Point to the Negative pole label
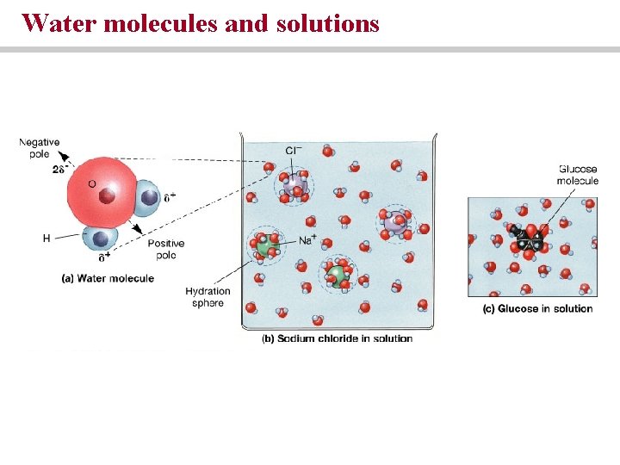point(40,147)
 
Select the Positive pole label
point(166,250)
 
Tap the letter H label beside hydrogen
point(46,238)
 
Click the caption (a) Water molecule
point(108,278)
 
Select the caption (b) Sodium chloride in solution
point(337,338)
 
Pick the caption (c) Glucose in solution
point(537,308)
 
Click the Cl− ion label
point(294,152)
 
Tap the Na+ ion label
point(307,241)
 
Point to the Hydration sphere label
point(208,297)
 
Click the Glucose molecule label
point(577,175)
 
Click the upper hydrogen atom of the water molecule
point(148,197)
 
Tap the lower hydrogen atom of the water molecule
point(104,239)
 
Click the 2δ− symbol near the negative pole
point(59,170)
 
